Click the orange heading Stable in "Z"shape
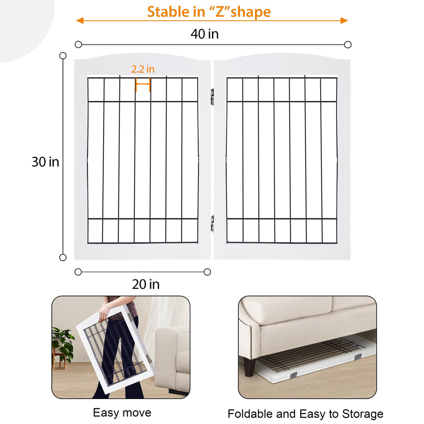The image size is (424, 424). coord(209,12)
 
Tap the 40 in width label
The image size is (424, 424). coord(204,34)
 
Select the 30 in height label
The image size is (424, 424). coord(45,162)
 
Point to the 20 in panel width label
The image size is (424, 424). coord(146,284)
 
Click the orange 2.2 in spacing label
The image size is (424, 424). coord(143,69)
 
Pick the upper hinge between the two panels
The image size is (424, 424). coord(212,97)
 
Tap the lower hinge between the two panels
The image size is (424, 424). coord(212,223)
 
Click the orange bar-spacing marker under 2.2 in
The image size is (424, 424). coord(143,84)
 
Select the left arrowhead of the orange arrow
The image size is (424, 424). coord(80,20)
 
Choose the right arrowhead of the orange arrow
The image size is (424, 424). coord(344,20)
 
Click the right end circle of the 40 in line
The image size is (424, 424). coord(348,45)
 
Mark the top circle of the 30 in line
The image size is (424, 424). coord(63,56)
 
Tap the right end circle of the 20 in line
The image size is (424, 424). coord(207,272)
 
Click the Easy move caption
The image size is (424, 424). coord(122,413)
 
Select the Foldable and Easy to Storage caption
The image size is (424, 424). coord(305,414)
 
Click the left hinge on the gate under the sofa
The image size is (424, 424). coord(293,375)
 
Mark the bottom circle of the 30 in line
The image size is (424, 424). coord(63,257)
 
